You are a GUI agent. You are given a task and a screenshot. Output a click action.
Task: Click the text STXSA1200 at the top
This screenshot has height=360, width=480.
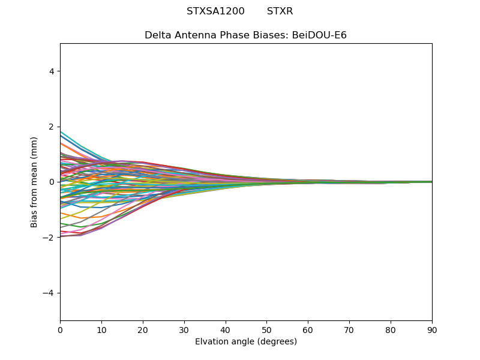tap(215, 11)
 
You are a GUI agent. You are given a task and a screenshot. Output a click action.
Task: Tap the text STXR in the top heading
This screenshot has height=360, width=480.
tap(280, 11)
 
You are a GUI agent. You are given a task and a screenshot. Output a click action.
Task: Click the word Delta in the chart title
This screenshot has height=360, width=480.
tap(158, 35)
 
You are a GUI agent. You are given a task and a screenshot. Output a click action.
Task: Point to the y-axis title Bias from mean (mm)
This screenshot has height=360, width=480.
tap(34, 182)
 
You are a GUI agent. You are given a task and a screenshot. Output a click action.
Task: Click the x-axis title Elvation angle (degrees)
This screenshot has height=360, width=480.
tap(246, 342)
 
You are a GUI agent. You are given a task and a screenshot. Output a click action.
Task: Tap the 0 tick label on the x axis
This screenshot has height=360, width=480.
tap(60, 329)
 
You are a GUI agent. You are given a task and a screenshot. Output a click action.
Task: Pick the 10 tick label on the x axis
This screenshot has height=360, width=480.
tap(101, 329)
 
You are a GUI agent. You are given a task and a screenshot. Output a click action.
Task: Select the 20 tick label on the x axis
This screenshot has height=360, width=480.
tap(143, 329)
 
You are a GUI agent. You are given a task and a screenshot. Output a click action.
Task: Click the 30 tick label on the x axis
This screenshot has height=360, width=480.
tap(184, 329)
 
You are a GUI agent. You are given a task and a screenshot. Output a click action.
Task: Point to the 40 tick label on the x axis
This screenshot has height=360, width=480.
tap(226, 329)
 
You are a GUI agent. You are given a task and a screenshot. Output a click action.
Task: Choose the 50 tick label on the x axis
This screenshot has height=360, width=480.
tap(266, 329)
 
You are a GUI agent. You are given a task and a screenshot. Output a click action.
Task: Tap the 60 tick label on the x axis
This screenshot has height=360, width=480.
tap(308, 329)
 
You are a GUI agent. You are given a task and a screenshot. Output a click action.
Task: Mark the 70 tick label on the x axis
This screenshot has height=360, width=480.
tap(349, 329)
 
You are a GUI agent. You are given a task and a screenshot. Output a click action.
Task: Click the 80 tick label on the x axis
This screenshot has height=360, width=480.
tap(391, 329)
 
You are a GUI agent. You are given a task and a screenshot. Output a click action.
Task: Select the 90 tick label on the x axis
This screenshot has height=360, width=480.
tap(432, 329)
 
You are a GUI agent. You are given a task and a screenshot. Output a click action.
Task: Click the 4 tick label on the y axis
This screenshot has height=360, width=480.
tap(52, 71)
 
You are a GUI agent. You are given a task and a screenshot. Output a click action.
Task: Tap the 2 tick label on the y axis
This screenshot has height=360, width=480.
tap(52, 127)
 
